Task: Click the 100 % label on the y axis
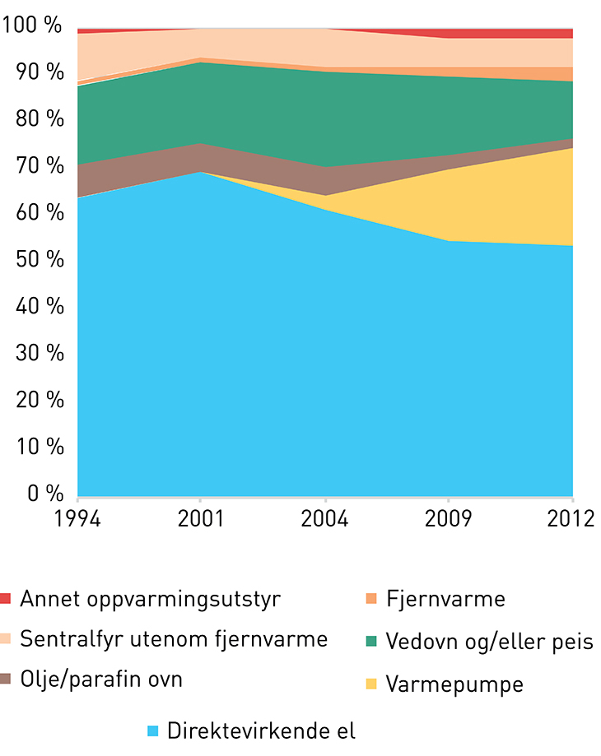33,26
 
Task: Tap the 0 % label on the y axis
45,494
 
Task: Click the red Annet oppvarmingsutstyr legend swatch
6,598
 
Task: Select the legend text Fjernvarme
445,599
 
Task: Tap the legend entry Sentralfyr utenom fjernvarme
174,638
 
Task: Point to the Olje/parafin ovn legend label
101,679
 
